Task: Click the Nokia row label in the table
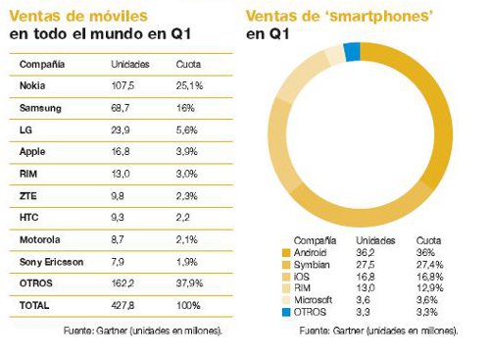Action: [x=31, y=85]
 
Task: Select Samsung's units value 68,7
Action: [x=122, y=108]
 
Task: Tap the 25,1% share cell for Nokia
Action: [x=190, y=85]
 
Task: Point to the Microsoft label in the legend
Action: [x=314, y=300]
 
